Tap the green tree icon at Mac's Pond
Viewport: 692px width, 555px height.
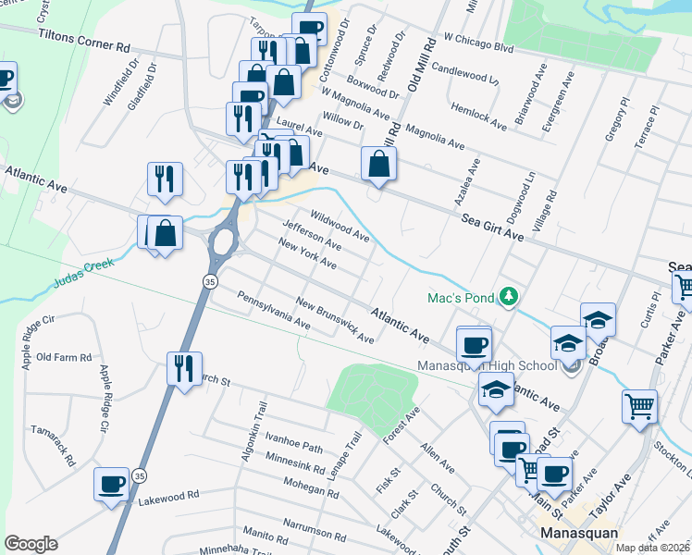pyautogui.click(x=507, y=297)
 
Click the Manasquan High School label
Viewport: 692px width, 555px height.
pyautogui.click(x=488, y=365)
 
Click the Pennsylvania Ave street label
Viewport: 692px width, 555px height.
pyautogui.click(x=273, y=311)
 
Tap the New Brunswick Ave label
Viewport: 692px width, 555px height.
pyautogui.click(x=335, y=320)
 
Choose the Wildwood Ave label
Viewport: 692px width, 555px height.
pyautogui.click(x=339, y=225)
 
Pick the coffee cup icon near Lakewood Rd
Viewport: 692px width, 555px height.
pyautogui.click(x=112, y=484)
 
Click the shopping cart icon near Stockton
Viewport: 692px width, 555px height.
pyautogui.click(x=639, y=405)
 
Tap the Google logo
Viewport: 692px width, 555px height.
pyautogui.click(x=31, y=544)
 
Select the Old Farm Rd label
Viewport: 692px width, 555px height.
pyautogui.click(x=64, y=357)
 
